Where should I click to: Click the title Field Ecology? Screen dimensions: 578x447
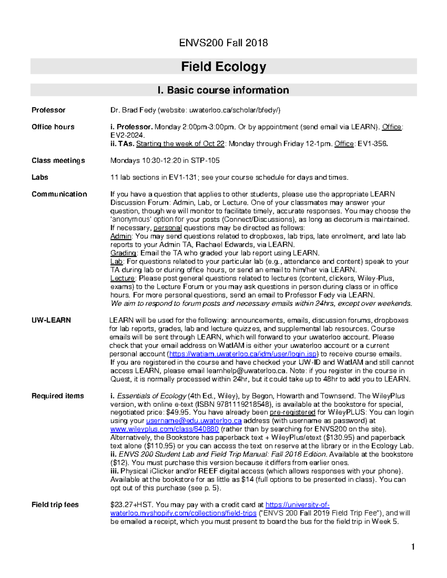[223, 67]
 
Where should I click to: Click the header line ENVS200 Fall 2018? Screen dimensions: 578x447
[223, 43]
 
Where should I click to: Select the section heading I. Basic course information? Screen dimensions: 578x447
[223, 90]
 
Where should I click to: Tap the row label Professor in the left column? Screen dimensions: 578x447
[48, 110]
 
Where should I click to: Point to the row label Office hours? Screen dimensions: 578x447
[53, 127]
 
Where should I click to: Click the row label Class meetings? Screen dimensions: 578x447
[58, 160]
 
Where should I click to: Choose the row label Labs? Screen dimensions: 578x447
[40, 177]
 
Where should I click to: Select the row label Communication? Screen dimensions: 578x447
[59, 194]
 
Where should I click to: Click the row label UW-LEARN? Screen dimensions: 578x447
[51, 320]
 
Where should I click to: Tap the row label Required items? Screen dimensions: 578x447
[58, 396]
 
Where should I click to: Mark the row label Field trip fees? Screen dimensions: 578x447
[55, 505]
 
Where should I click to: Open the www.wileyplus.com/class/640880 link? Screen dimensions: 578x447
[165, 429]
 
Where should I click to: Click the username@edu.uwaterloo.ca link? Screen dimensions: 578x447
[194, 421]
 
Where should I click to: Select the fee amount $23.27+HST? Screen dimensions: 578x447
[131, 505]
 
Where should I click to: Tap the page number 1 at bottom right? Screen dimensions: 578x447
[413, 547]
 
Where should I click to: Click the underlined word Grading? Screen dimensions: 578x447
[123, 253]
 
